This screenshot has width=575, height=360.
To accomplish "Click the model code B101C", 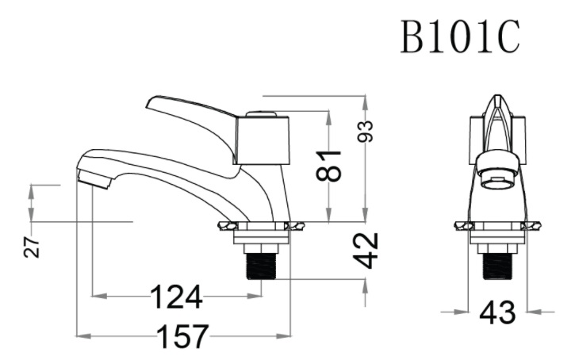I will (460, 36).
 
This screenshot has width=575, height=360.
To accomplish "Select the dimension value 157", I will (182, 336).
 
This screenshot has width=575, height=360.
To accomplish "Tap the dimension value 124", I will (176, 297).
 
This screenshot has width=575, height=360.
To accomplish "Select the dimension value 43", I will (497, 313).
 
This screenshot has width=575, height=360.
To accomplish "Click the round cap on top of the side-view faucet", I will (263, 115).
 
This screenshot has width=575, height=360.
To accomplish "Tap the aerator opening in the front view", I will (497, 183).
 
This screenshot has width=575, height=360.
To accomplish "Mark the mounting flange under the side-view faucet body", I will (260, 228).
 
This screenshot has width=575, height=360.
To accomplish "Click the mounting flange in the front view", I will (498, 228).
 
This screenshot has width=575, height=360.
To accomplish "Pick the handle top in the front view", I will (497, 107).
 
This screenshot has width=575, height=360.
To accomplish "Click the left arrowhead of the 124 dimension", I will (97, 297).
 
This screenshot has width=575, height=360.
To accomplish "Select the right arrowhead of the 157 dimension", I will (286, 336).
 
